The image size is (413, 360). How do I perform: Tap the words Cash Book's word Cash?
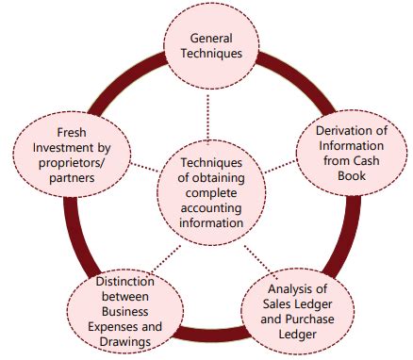[339, 164]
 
